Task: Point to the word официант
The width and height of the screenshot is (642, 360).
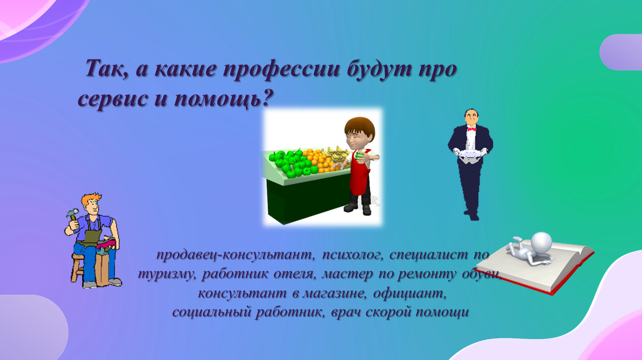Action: [410, 294]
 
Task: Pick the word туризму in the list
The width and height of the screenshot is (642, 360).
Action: [168, 275]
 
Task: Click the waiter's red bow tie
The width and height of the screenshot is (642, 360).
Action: [472, 129]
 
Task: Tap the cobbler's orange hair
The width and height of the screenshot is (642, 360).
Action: [91, 198]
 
